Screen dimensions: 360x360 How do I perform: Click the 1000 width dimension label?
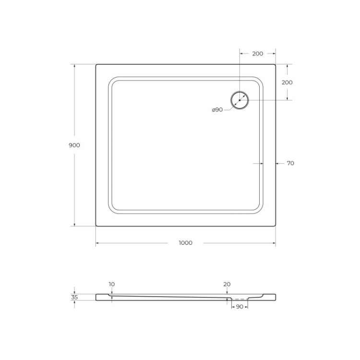coord(185,243)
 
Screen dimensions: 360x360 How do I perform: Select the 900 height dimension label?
coord(74,145)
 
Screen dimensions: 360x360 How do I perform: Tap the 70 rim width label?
coord(290,163)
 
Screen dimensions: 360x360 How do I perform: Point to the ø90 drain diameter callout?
coord(217,110)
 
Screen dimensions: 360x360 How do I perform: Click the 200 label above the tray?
coord(257,53)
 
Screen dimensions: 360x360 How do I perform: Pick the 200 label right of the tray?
coord(287,82)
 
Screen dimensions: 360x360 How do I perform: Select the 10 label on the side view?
coord(111,284)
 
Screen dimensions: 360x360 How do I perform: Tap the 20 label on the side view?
coord(227,284)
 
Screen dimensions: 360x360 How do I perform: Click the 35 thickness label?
coord(74,297)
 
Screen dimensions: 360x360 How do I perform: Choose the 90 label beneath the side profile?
coord(240,306)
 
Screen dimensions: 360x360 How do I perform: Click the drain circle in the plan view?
coord(240,100)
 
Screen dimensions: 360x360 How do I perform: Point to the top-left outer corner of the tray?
coord(96,65)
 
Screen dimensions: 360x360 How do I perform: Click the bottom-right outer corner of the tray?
coord(275,225)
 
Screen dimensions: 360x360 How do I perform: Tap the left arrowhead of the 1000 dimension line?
coord(97,243)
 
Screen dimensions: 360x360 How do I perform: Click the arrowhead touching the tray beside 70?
coord(277,163)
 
